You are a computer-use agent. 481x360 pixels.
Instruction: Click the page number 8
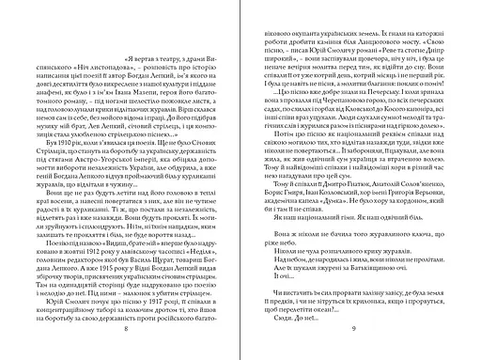[125, 339]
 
